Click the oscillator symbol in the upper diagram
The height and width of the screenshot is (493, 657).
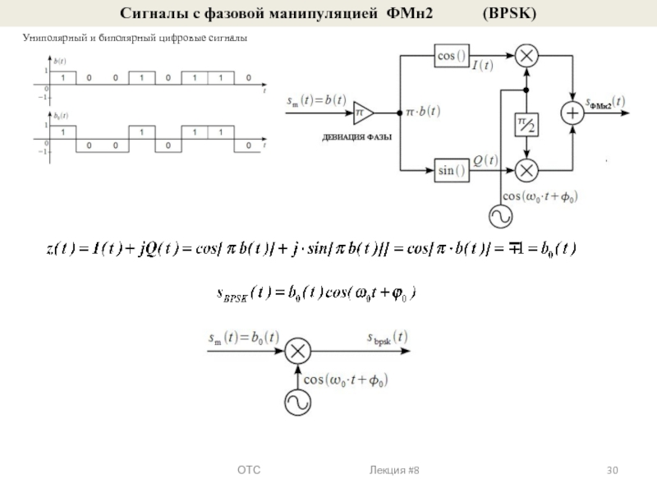(501, 217)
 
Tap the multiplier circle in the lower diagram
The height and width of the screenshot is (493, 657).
(297, 352)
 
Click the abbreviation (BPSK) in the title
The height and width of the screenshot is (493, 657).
(512, 14)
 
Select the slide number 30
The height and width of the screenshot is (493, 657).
(612, 470)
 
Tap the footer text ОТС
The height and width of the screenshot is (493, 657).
(249, 470)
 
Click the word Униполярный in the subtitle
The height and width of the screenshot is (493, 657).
(47, 39)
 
